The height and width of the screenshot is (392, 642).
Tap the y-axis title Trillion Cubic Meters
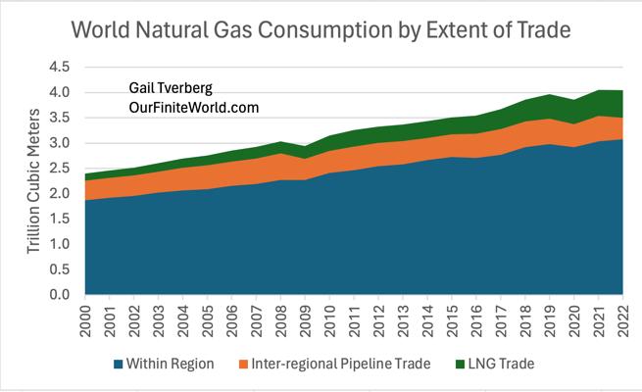pos(33,180)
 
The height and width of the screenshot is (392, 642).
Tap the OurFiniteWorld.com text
pos(193,108)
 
